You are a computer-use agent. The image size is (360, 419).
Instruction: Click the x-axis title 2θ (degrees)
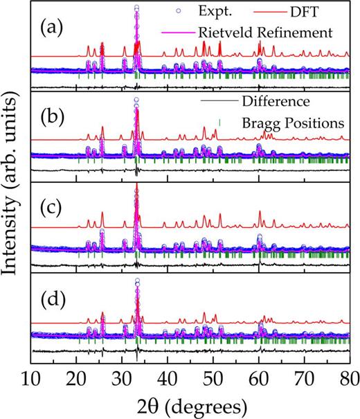(190, 404)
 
